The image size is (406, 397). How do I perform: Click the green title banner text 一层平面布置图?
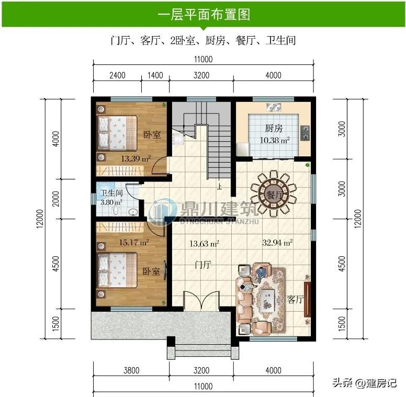204,14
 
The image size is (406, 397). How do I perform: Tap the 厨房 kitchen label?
274,128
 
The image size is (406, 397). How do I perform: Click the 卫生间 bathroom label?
111,193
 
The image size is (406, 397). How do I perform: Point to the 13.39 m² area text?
136,158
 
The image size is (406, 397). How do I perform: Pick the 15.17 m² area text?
134,243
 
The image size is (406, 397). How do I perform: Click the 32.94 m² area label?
277,243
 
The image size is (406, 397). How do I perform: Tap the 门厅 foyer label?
203,265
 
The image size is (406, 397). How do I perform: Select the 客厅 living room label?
295,300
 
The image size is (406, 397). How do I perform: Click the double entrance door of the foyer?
201,300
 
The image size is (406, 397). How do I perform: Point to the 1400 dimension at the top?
155,75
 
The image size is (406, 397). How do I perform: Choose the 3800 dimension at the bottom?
131,371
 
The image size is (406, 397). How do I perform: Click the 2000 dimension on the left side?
56,199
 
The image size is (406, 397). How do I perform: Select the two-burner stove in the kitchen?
305,133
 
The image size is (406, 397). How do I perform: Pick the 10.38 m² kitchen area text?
275,141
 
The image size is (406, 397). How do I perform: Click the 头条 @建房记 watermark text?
365,383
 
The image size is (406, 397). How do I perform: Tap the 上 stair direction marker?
220,186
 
